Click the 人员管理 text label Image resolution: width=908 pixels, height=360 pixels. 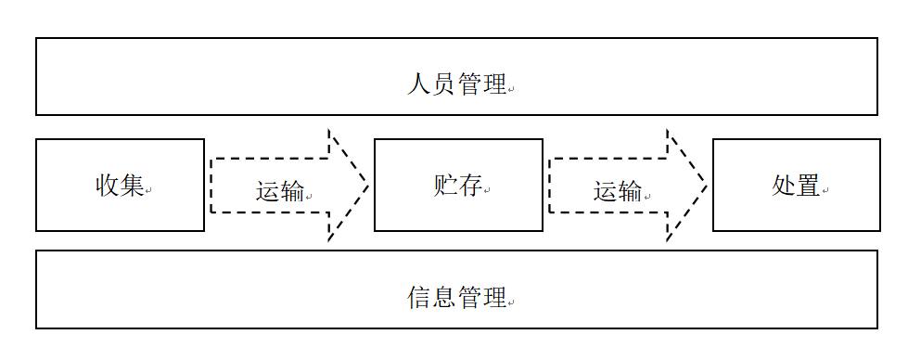456,85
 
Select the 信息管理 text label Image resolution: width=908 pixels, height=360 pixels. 456,298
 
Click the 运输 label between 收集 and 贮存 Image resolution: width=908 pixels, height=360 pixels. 280,192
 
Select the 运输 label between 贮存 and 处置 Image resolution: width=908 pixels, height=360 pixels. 618,192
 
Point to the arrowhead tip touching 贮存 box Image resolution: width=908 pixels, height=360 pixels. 368,186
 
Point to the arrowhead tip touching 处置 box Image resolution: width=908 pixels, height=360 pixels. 707,186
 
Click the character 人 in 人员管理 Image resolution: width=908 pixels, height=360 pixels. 418,85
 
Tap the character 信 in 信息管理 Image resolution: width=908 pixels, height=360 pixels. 418,298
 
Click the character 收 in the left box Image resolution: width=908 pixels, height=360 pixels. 108,186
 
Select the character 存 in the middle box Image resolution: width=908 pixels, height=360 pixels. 470,186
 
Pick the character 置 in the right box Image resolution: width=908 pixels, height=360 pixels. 808,186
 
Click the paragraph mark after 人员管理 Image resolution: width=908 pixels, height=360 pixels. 511,90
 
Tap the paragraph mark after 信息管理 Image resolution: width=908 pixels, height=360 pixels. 511,302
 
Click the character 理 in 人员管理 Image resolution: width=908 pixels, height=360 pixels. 494,85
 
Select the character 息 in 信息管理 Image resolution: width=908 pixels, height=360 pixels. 444,298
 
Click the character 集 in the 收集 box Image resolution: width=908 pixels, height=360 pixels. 133,186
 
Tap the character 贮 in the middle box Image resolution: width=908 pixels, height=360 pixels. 445,186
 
